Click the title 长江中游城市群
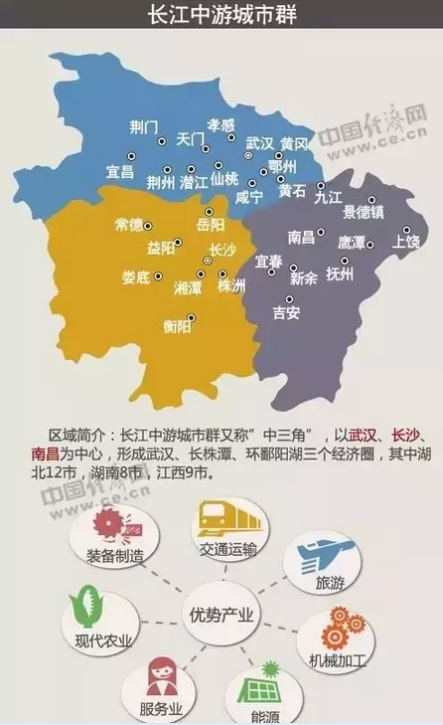221,17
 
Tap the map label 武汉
260,143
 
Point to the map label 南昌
301,238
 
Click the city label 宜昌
120,172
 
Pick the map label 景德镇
364,213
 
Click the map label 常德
129,225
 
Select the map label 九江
328,198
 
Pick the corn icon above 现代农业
82,608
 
